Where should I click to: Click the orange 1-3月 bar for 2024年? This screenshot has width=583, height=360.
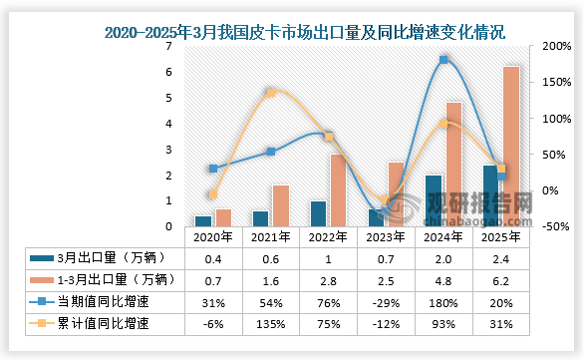453,165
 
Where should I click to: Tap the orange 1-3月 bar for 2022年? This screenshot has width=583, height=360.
337,189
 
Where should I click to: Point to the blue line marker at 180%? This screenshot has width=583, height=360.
444,60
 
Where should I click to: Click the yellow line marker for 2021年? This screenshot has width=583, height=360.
270,93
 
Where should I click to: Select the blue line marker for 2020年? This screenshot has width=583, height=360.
212,169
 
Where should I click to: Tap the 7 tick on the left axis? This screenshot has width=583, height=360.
170,46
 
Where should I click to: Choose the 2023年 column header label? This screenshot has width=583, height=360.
386,238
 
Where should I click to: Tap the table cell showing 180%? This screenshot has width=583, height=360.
444,302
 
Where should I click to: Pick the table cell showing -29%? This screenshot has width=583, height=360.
386,302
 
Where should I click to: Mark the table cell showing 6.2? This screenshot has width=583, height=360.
503,280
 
